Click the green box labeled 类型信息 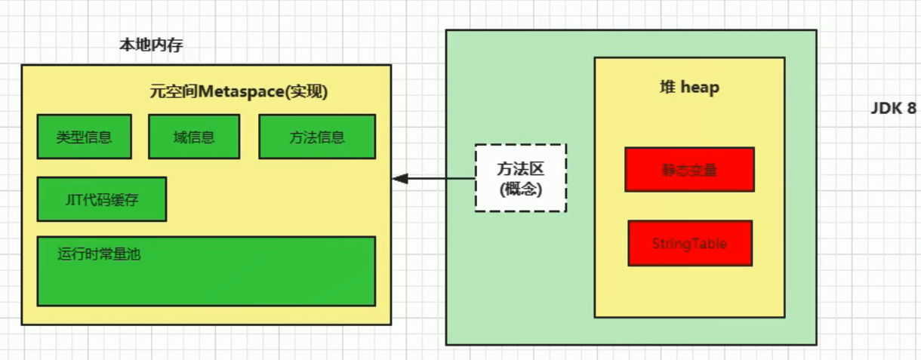click(x=84, y=137)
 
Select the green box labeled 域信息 click(x=194, y=137)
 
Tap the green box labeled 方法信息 click(x=317, y=137)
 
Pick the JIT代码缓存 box click(x=102, y=199)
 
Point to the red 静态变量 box click(x=689, y=170)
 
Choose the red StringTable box click(x=690, y=243)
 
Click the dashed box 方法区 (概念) click(x=521, y=178)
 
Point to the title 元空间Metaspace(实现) click(x=239, y=92)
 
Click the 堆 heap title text click(x=689, y=88)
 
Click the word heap click(x=700, y=88)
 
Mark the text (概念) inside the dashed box click(x=521, y=189)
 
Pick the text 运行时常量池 click(x=99, y=254)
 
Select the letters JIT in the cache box click(x=72, y=200)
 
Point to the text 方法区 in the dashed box click(x=521, y=168)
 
